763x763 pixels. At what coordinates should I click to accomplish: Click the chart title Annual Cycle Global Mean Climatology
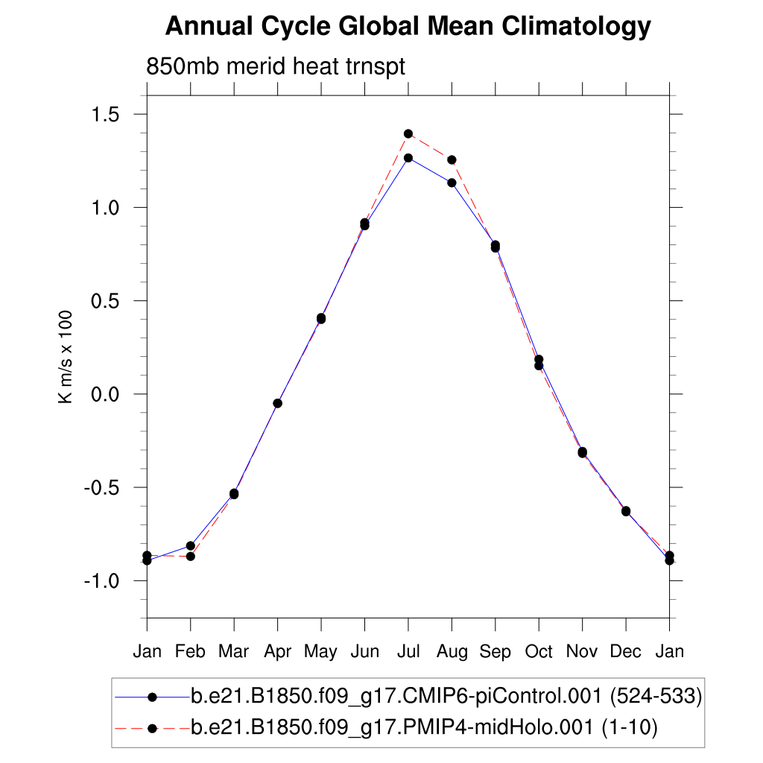point(408,28)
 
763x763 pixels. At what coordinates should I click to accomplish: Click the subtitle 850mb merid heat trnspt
point(276,67)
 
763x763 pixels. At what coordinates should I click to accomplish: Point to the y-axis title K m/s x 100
point(66,357)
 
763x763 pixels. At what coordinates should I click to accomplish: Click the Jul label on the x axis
point(408,652)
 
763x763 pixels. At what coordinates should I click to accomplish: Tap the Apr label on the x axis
point(277,652)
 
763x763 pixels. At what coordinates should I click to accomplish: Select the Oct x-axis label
point(539,652)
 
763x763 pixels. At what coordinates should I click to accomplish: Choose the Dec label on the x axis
point(626,652)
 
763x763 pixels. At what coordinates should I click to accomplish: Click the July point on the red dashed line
point(408,134)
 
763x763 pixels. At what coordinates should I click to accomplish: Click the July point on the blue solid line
point(408,158)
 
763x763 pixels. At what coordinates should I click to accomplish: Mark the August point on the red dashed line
point(452,160)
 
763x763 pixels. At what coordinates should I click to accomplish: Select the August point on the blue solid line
point(452,183)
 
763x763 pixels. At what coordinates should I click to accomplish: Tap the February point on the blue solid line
point(191,546)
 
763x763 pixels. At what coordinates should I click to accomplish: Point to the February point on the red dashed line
point(191,557)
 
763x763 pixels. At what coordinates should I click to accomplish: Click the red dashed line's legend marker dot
point(152,728)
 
